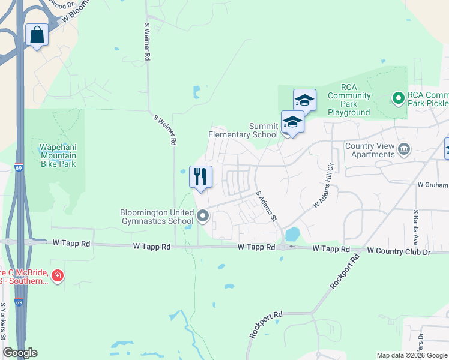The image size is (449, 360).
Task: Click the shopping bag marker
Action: point(37,35)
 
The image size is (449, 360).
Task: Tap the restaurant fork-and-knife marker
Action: point(200,177)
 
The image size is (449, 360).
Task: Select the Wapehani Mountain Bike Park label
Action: point(58,155)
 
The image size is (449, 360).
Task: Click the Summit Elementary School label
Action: point(243,130)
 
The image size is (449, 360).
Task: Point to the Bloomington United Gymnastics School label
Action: point(157,217)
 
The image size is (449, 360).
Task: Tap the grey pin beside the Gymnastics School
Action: point(203,216)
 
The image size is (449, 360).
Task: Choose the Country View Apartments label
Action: point(370,150)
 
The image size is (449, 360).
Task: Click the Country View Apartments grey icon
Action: point(404,148)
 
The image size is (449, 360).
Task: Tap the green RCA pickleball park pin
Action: point(397,97)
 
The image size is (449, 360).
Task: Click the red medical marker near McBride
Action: point(57,276)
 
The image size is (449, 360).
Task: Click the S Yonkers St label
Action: point(4,321)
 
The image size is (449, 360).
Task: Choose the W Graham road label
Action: point(432,185)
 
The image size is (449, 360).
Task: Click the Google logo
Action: point(20,353)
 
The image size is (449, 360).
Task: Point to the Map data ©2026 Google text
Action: point(411,355)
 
